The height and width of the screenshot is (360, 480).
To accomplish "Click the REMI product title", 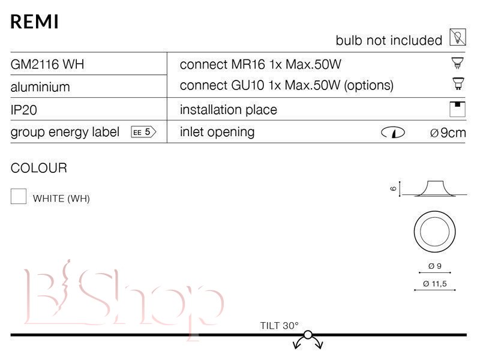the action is pyautogui.click(x=34, y=22).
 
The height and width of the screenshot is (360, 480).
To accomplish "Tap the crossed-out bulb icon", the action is pyautogui.click(x=458, y=37).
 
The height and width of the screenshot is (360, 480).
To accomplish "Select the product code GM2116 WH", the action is pyautogui.click(x=47, y=64).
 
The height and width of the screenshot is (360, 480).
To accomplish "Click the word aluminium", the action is pyautogui.click(x=40, y=87).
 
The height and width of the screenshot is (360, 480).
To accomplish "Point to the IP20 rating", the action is pyautogui.click(x=24, y=110).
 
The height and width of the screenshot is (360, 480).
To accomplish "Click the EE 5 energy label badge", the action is pyautogui.click(x=143, y=132).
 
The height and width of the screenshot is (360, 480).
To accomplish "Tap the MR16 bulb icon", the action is pyautogui.click(x=458, y=63).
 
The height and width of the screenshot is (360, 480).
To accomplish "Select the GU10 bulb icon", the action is pyautogui.click(x=458, y=83).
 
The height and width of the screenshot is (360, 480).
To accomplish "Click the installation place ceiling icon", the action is pyautogui.click(x=457, y=109).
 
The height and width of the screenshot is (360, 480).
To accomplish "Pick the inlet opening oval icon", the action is pyautogui.click(x=393, y=133).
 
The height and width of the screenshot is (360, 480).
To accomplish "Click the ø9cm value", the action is pyautogui.click(x=448, y=133).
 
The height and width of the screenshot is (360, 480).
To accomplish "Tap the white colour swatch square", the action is pyautogui.click(x=19, y=196).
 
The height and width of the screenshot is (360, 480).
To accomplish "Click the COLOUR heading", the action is pyautogui.click(x=38, y=168).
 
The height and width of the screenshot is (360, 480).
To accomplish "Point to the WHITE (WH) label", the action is pyautogui.click(x=61, y=199).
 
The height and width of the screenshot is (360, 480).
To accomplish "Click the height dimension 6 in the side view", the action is pyautogui.click(x=394, y=188).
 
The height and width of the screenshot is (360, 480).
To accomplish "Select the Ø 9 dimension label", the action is pyautogui.click(x=434, y=266).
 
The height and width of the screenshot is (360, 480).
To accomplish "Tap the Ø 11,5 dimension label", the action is pyautogui.click(x=434, y=284).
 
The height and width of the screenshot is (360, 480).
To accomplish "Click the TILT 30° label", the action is pyautogui.click(x=279, y=325).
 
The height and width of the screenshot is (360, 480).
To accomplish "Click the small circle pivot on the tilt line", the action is pyautogui.click(x=308, y=335).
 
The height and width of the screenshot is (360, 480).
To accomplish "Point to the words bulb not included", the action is pyautogui.click(x=389, y=40).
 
